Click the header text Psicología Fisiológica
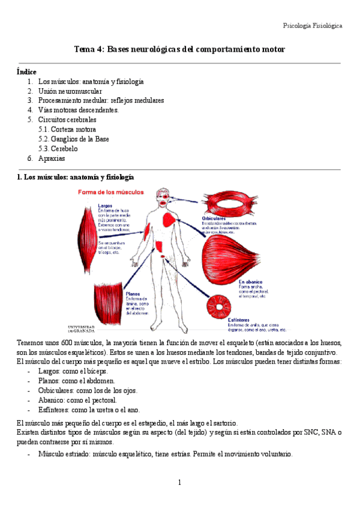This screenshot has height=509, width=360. [312, 26]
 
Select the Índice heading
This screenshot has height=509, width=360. [26, 71]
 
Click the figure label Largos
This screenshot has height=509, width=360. [105, 205]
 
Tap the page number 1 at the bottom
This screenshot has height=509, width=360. [179, 483]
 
